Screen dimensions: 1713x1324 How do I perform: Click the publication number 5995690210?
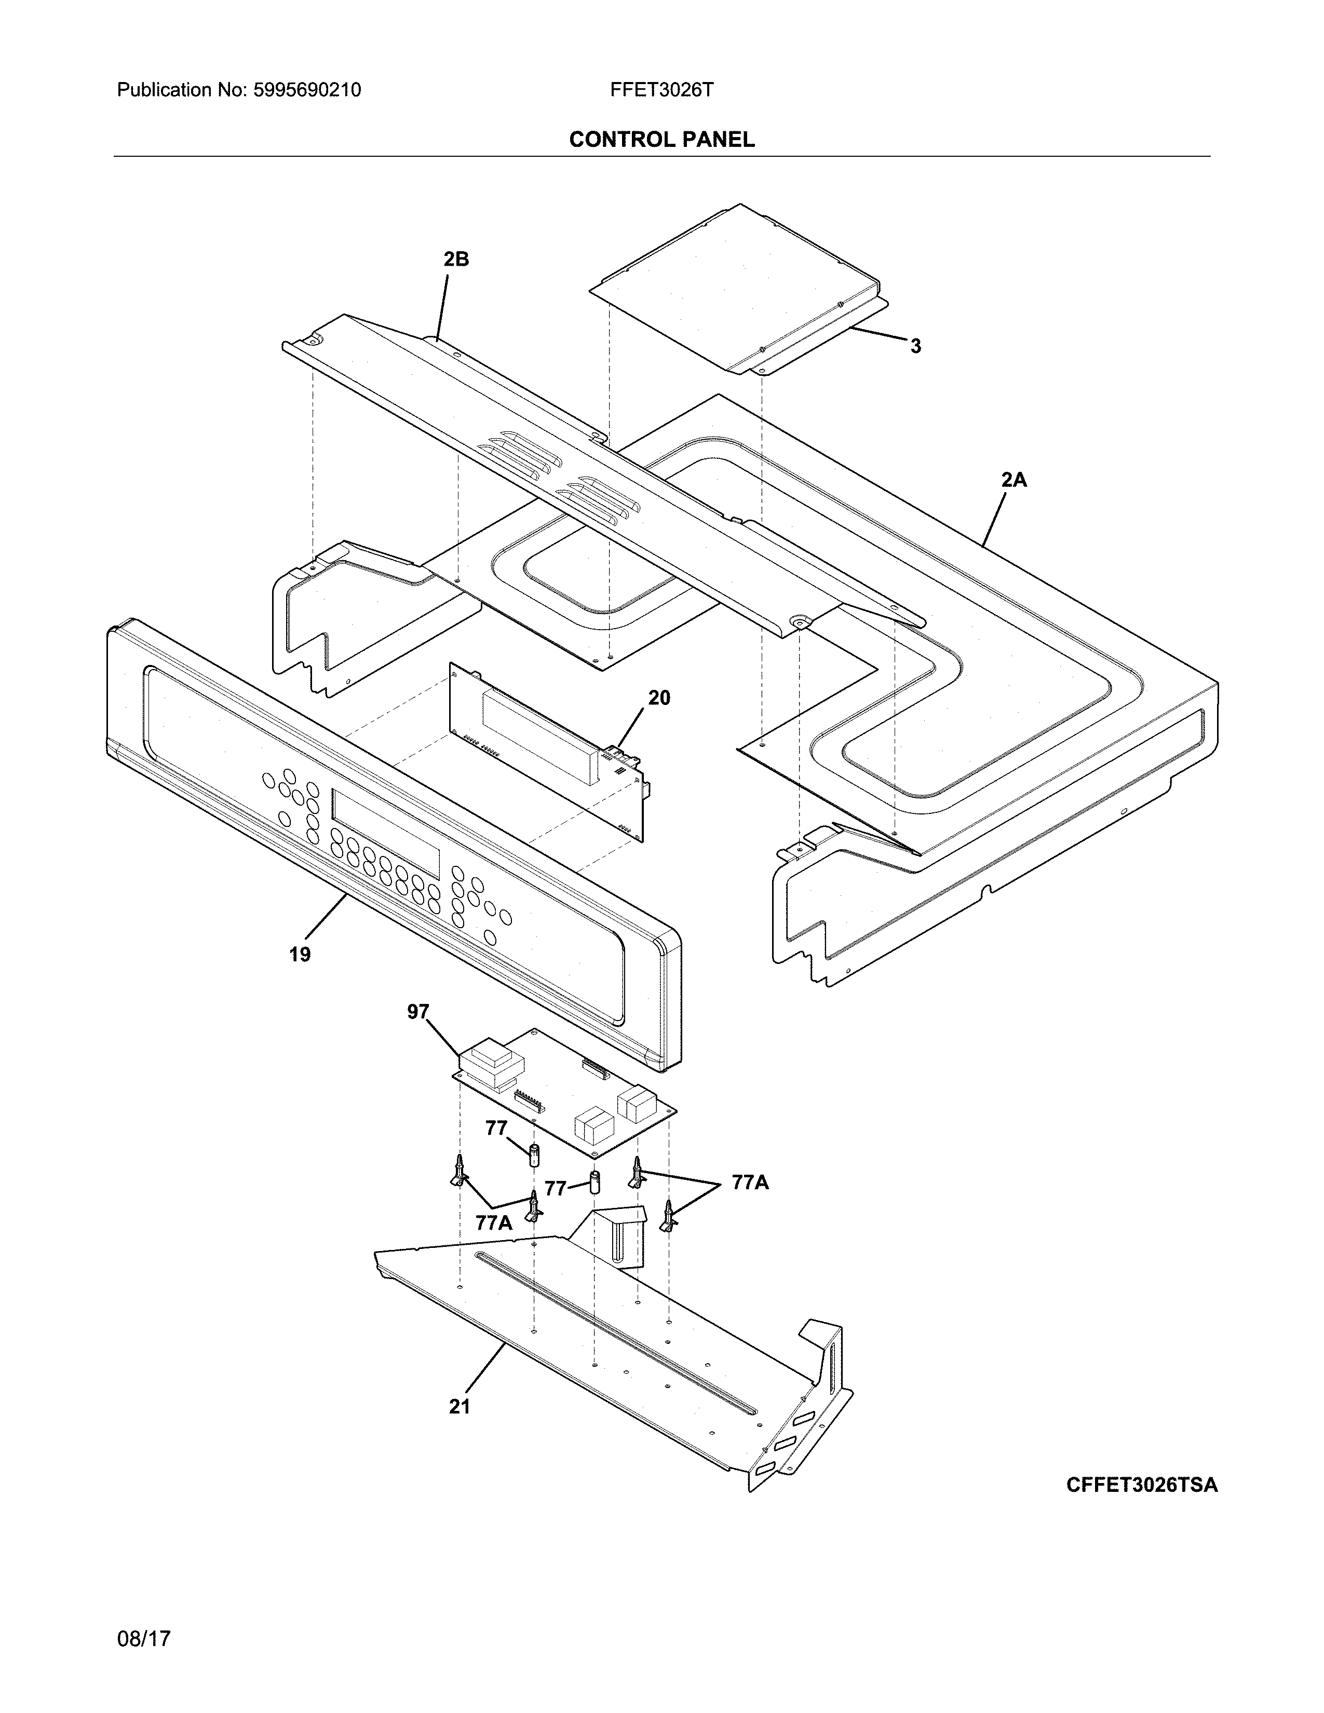307,90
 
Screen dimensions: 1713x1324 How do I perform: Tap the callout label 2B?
456,259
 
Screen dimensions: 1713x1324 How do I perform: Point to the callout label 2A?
1014,480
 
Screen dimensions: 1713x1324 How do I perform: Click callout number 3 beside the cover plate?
915,346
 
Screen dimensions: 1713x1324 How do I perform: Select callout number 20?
659,697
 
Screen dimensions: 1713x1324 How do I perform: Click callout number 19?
300,955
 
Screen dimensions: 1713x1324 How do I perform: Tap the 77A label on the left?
493,1222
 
